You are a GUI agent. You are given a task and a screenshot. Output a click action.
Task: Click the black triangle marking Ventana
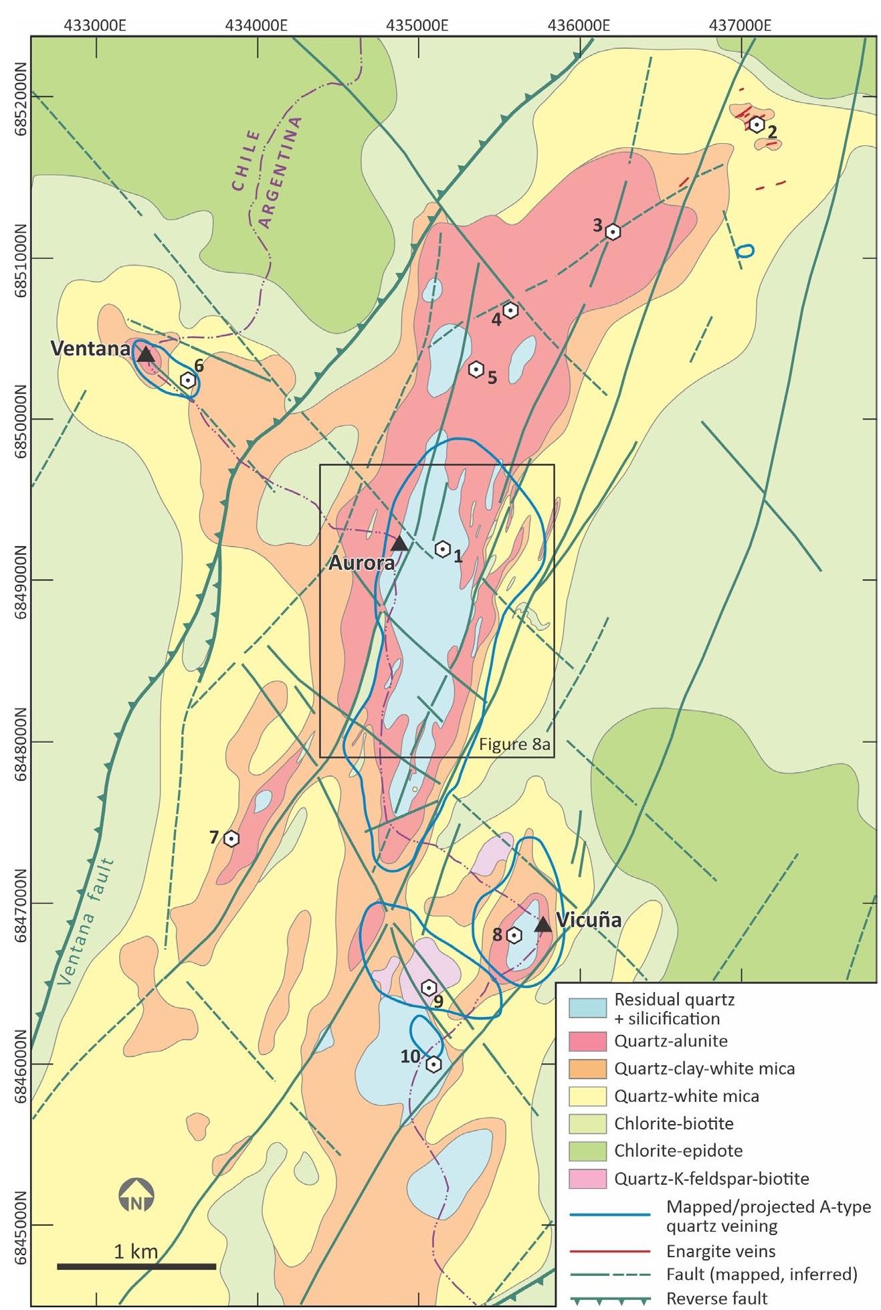[x=146, y=354]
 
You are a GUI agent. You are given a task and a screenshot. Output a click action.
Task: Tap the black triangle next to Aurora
[x=399, y=543]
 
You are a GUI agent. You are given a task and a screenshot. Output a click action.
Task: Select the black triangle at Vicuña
[x=543, y=924]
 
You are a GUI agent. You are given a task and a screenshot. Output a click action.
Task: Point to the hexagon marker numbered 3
[x=613, y=231]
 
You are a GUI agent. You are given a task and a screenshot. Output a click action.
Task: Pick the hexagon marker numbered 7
[x=231, y=838]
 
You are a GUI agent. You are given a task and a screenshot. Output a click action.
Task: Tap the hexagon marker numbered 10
[x=433, y=1064]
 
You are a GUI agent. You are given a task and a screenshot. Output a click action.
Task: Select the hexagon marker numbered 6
[x=189, y=380]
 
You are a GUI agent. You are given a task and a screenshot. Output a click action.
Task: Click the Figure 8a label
[x=514, y=745]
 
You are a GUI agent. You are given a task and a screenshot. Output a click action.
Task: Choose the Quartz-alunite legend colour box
[x=587, y=1041]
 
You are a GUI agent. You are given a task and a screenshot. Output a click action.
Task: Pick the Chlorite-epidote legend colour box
[x=587, y=1151]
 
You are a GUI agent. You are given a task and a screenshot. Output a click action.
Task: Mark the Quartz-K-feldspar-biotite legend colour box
[x=587, y=1178]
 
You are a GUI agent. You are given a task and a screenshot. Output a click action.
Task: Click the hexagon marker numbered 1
[x=442, y=549]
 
